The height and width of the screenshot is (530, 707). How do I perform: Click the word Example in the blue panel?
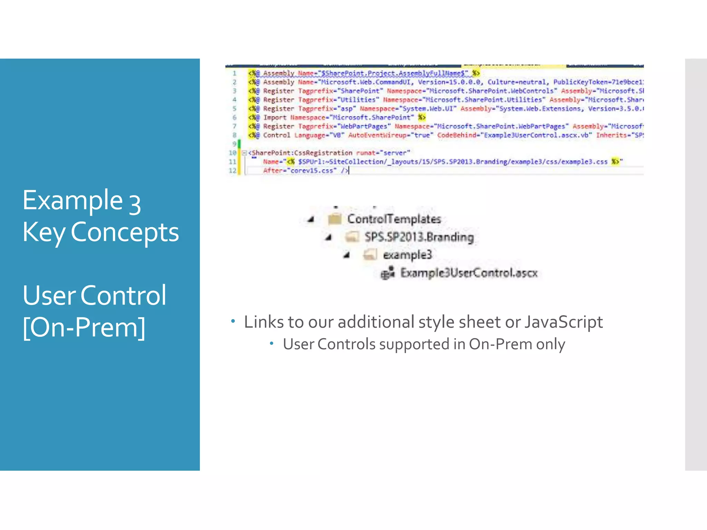(x=72, y=201)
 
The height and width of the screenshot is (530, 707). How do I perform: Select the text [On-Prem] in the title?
(x=84, y=327)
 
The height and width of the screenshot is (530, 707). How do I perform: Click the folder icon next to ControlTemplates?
(x=335, y=219)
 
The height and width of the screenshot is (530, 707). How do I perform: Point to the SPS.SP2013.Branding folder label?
(x=419, y=237)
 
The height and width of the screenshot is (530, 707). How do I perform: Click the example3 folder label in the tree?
(x=407, y=255)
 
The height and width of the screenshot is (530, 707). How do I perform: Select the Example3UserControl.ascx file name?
(x=469, y=273)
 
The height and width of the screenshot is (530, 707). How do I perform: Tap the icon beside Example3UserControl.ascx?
(x=387, y=273)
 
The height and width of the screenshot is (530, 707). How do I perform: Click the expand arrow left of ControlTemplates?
(x=311, y=219)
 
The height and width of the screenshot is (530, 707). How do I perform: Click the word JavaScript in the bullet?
(x=563, y=322)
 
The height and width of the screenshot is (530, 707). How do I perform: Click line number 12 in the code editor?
(x=232, y=170)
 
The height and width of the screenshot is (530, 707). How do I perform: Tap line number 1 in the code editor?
(x=234, y=73)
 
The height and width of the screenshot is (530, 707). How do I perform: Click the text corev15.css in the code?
(x=312, y=170)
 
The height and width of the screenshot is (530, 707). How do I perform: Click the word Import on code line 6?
(x=274, y=118)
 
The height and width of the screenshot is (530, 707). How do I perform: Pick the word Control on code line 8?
(x=277, y=135)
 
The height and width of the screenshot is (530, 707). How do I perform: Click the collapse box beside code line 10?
(x=244, y=153)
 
